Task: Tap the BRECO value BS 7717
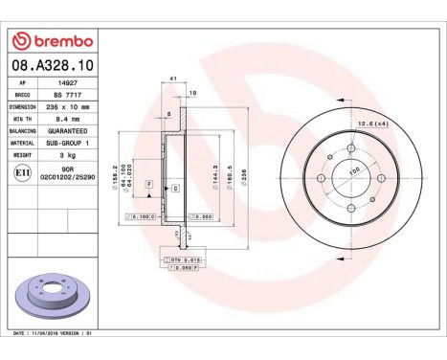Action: (66, 95)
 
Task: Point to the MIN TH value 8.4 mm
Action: (66, 119)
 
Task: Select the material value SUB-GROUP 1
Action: (66, 143)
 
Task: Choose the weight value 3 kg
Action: (66, 154)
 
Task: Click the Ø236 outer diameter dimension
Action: (244, 177)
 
